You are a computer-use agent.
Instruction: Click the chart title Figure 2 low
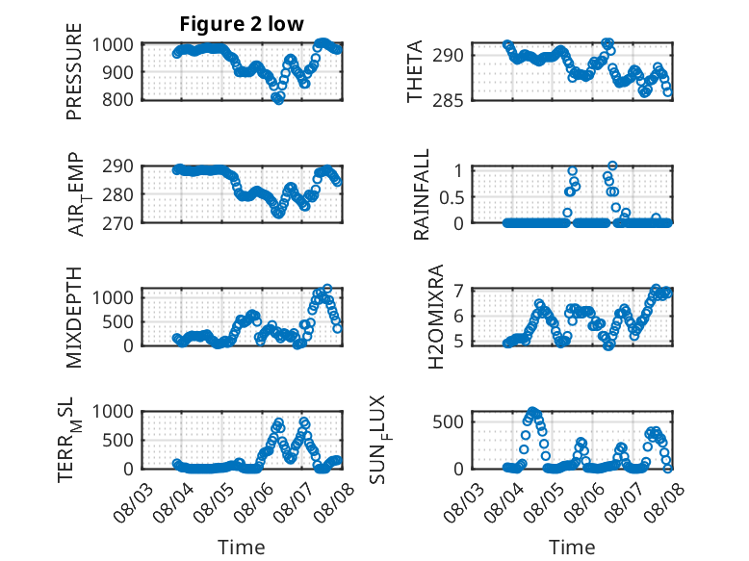(242, 24)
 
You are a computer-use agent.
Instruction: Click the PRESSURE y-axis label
(74, 71)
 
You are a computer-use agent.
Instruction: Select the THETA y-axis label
(415, 71)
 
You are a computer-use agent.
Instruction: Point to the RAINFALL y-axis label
(422, 194)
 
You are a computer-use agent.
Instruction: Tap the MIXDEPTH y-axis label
(74, 318)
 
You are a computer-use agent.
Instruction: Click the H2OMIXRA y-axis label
(436, 317)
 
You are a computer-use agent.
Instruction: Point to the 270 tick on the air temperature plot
(117, 223)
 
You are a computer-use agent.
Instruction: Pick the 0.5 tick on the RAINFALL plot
(452, 196)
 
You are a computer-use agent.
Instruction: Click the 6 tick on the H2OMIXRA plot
(459, 316)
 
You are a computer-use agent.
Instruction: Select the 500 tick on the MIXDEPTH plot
(117, 321)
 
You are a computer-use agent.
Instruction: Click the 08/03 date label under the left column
(133, 501)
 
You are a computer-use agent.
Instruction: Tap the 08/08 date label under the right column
(664, 501)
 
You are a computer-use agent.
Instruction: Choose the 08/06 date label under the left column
(253, 501)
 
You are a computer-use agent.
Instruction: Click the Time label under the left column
(242, 548)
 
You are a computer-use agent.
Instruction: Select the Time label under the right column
(572, 548)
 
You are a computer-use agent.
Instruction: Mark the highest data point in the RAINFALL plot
(612, 166)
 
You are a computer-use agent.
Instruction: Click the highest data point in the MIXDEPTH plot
(327, 289)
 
